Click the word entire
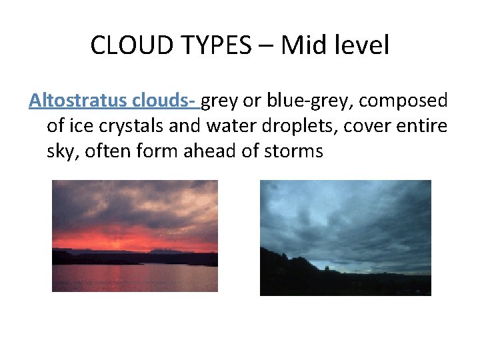point(423,126)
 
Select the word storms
point(294,151)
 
